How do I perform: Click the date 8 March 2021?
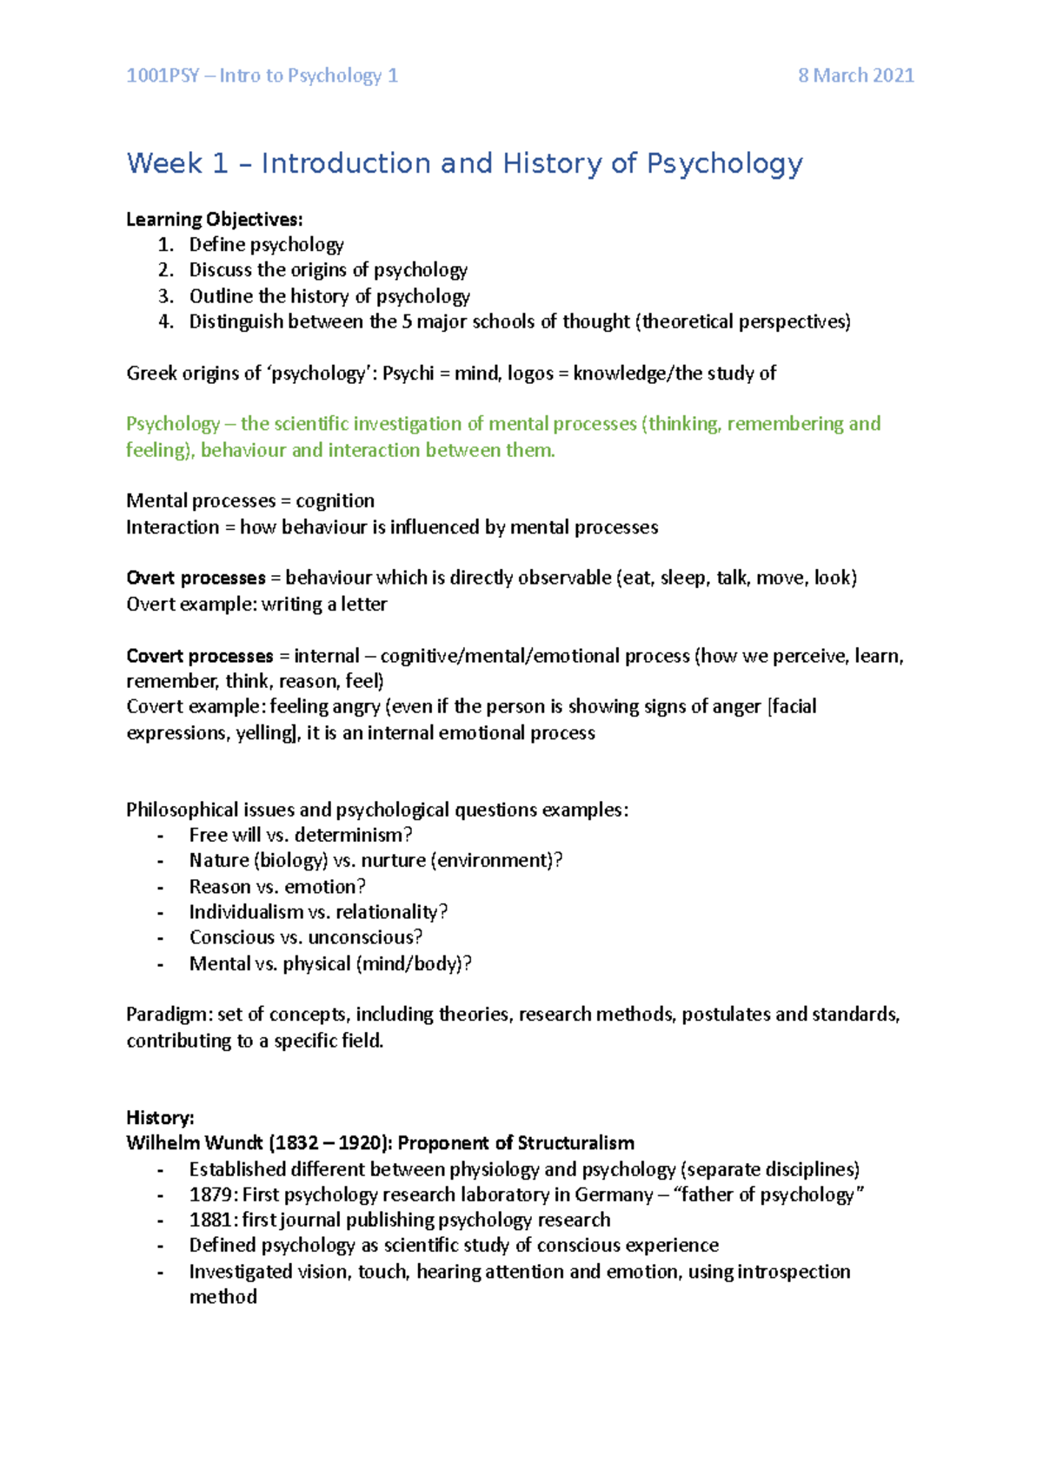[856, 76]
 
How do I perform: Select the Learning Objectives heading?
[214, 219]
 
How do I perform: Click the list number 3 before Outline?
[165, 296]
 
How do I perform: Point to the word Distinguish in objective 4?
[236, 321]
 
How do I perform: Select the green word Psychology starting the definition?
[172, 424]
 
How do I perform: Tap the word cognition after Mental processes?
[335, 501]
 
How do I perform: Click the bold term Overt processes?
[196, 578]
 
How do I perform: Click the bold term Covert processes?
[199, 656]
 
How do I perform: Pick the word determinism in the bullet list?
[353, 835]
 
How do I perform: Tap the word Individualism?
[246, 912]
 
